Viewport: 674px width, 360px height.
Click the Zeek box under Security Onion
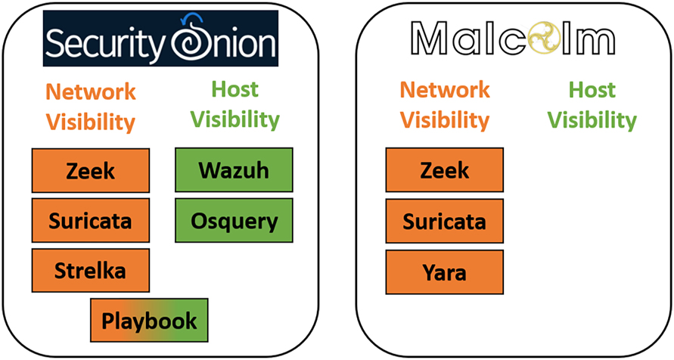click(x=91, y=170)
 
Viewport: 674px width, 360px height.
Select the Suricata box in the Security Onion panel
click(x=91, y=221)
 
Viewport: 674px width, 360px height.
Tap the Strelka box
click(x=91, y=271)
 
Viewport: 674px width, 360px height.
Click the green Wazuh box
click(x=234, y=170)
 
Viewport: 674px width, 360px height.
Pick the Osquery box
click(x=234, y=221)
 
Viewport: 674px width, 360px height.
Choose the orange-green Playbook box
click(x=149, y=320)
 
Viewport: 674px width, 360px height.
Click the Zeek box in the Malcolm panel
click(x=445, y=170)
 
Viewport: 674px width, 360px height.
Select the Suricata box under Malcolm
click(x=445, y=221)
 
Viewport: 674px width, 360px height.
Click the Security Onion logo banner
click(x=160, y=39)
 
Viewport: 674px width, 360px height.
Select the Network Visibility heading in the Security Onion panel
click(x=91, y=106)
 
